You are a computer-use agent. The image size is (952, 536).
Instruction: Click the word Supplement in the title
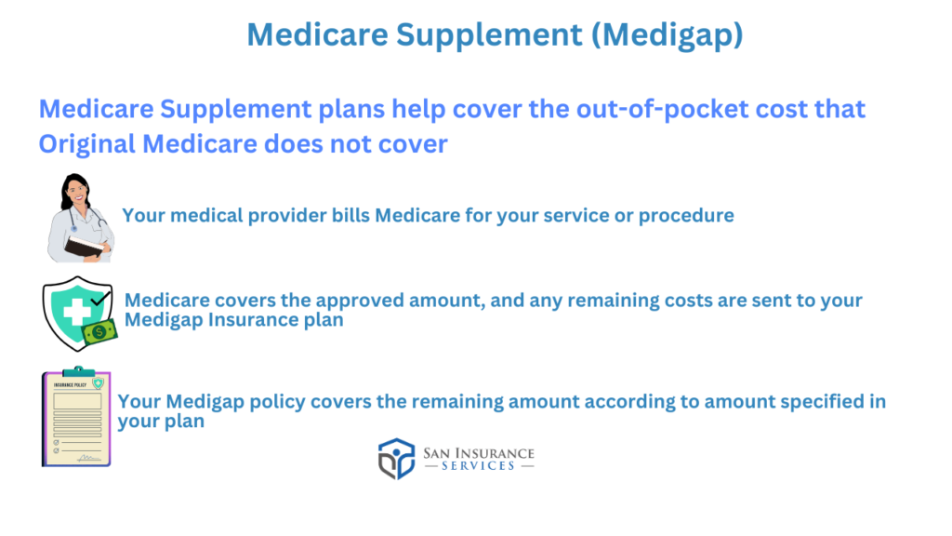[489, 34]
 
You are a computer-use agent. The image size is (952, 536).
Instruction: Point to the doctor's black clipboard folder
[85, 246]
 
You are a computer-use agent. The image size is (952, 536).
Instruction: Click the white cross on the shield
[77, 313]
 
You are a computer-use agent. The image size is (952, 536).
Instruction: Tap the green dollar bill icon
[99, 332]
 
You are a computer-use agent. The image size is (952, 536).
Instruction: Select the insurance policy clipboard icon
[76, 417]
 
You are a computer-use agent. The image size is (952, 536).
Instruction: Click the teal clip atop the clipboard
[78, 370]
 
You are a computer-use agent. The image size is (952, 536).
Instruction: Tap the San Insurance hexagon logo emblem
[396, 459]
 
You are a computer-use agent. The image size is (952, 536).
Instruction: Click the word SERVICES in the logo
[479, 466]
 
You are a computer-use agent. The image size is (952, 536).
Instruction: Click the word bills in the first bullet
[350, 216]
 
